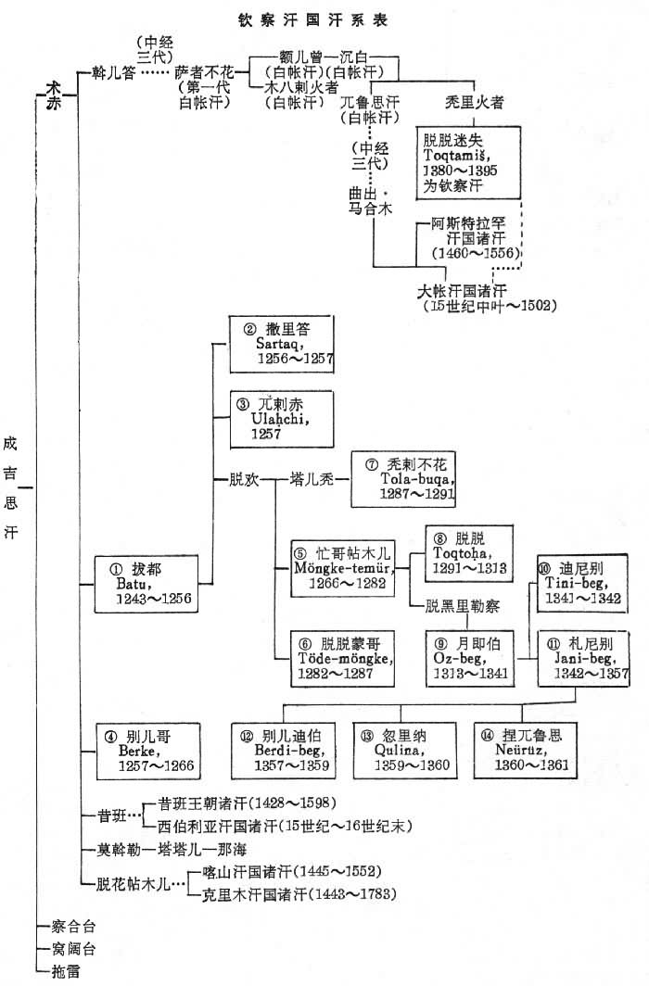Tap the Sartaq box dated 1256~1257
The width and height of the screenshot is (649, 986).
click(x=281, y=344)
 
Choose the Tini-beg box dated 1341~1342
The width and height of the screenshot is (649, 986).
click(x=580, y=584)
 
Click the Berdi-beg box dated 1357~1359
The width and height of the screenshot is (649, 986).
click(x=284, y=750)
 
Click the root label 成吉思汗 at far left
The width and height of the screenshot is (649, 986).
click(x=10, y=487)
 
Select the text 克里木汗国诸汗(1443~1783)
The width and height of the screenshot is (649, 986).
click(x=299, y=894)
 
